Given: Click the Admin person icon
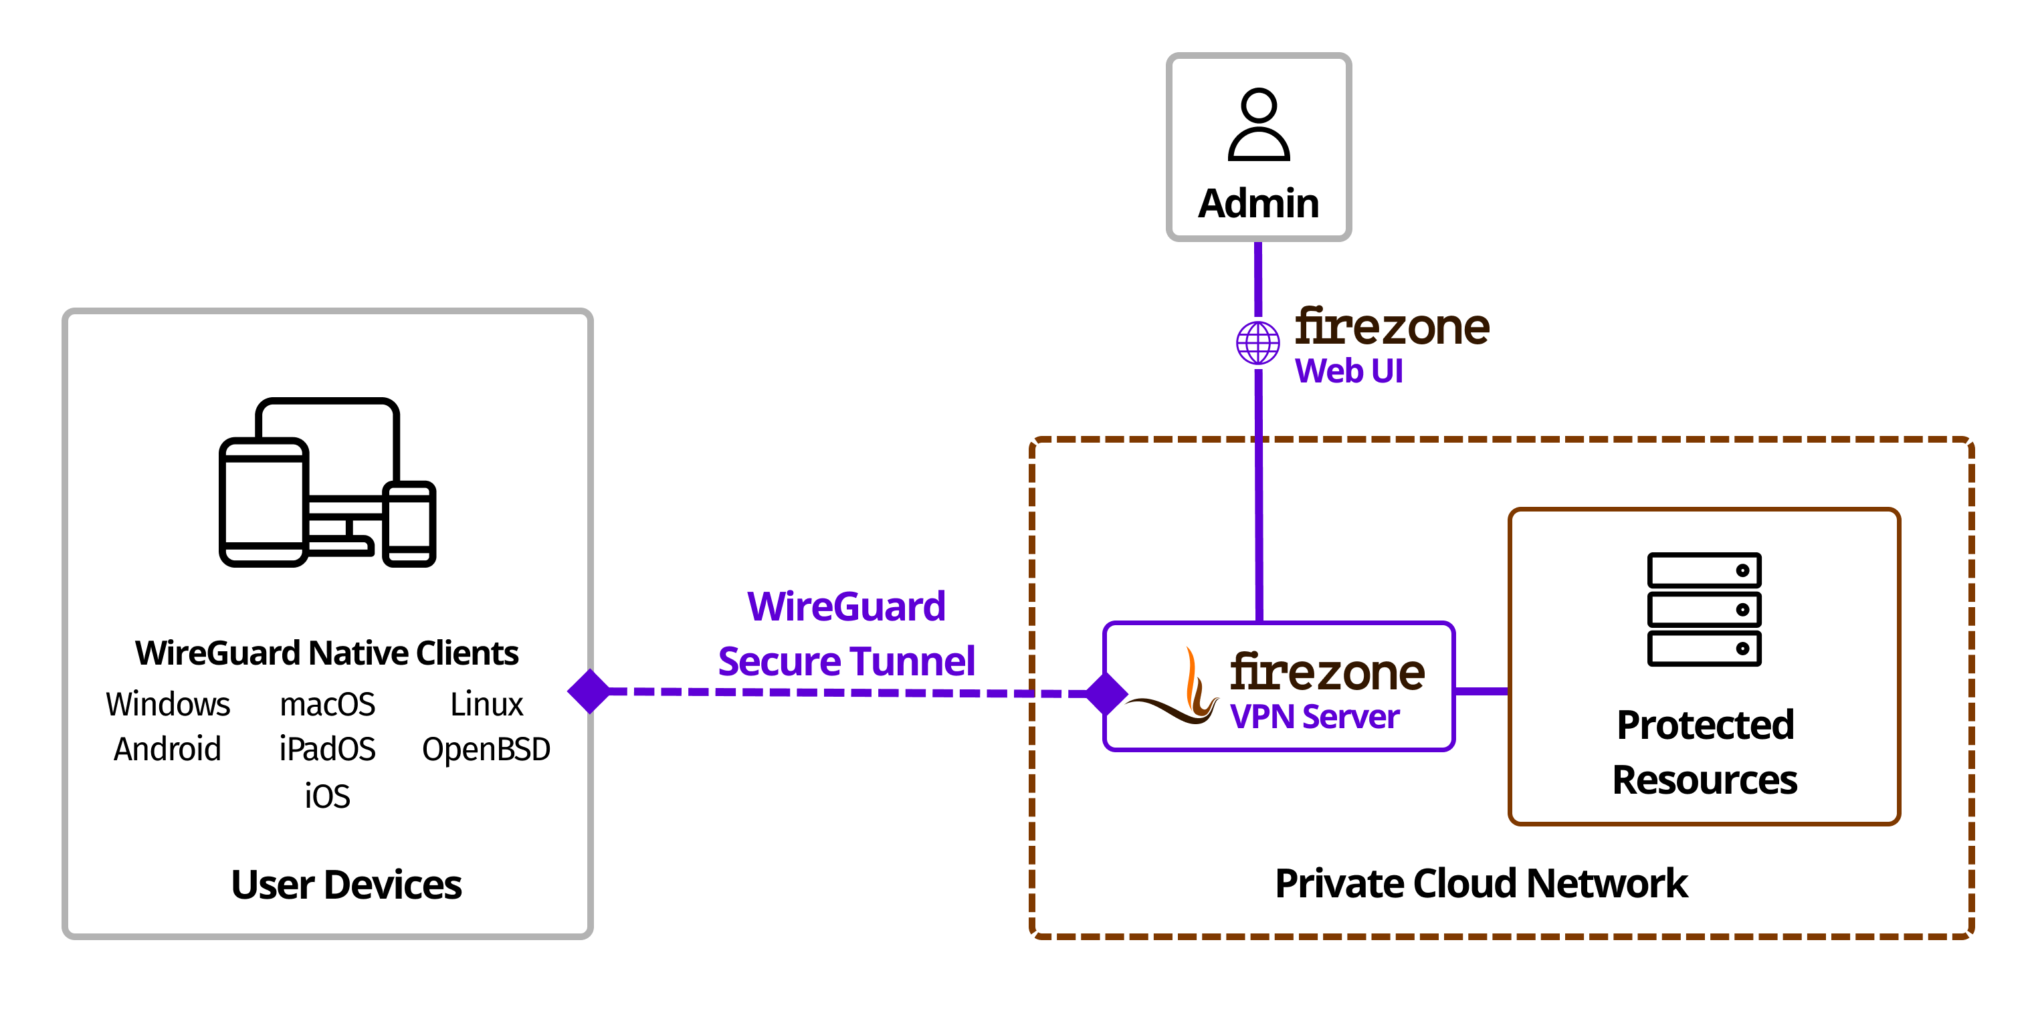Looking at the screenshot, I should coord(1259,125).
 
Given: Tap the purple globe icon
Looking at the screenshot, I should coord(1258,342).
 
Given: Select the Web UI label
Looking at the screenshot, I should coord(1348,371).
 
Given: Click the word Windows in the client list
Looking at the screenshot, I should coord(168,703).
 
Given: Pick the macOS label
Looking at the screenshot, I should coord(328,703).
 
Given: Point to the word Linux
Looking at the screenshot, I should coord(486,703).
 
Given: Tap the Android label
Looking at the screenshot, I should coord(167,748).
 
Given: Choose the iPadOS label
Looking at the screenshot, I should coord(328,748).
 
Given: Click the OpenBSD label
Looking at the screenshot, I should coord(486,748).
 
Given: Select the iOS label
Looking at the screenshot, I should coord(328,796).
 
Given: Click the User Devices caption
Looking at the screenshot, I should coord(346,884).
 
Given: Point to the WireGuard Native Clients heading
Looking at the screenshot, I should coord(327,653).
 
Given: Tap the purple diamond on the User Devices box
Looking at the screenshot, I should coord(590,691).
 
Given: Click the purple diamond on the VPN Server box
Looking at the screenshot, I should coord(1106,693).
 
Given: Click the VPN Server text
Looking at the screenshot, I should coord(1315,717).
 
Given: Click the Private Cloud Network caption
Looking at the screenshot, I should coord(1482,883).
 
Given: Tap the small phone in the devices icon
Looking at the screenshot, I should coord(409,524).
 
